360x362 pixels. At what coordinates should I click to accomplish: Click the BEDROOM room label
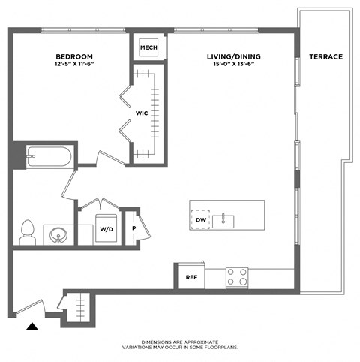[x=74, y=57]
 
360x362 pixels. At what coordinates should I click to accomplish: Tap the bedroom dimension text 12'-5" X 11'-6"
[x=74, y=65]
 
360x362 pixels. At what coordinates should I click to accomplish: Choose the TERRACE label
[x=327, y=57]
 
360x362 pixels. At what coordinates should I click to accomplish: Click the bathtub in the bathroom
[x=49, y=158]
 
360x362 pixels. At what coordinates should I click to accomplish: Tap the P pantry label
[x=133, y=228]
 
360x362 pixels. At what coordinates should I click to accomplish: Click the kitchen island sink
[x=223, y=220]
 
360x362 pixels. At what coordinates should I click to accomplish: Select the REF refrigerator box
[x=190, y=277]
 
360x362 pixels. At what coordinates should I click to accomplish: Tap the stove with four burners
[x=238, y=277]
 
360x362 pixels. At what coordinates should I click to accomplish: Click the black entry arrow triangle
[x=31, y=326]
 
